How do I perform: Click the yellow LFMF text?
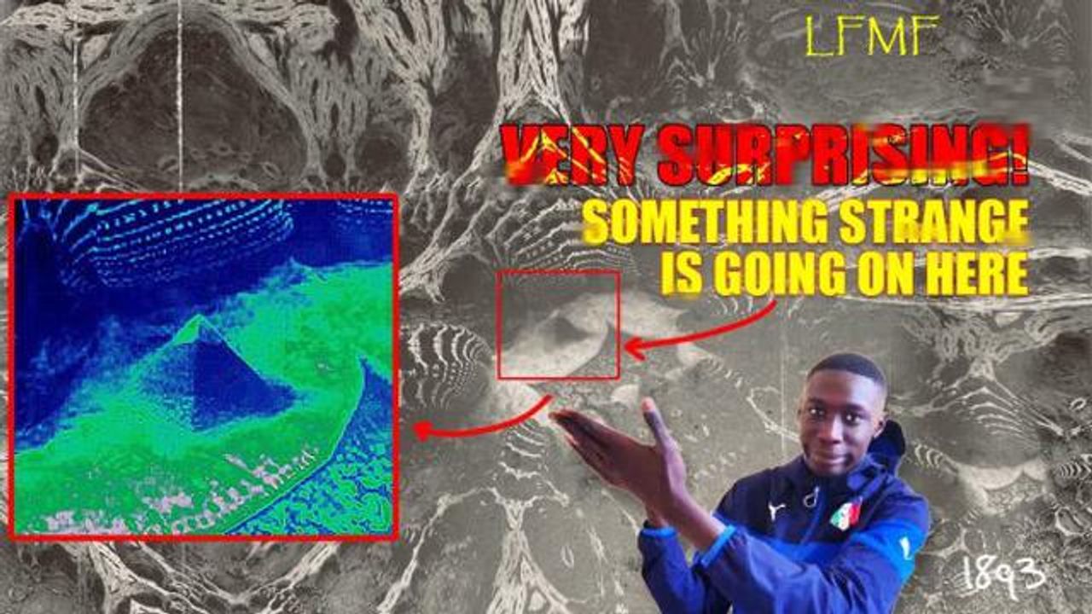871,36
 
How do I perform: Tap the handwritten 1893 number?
1003,576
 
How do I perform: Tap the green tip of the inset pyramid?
198,321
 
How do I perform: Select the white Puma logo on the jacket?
775,509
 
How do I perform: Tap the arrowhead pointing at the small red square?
635,348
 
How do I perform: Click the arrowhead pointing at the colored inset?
422,431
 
